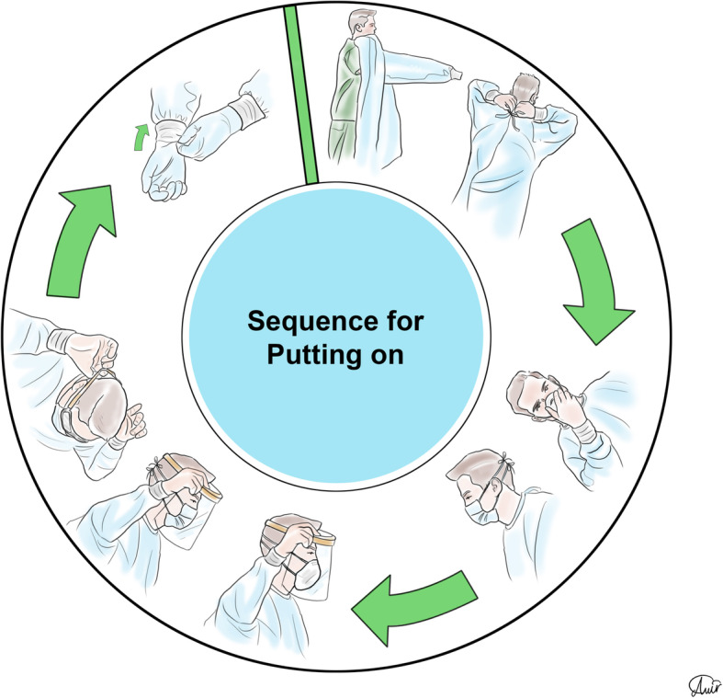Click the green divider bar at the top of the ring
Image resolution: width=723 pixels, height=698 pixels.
pos(302,92)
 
